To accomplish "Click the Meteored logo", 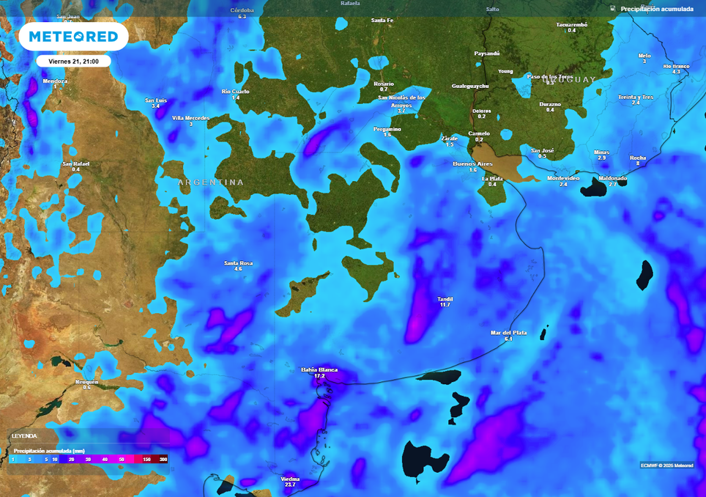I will coord(73,37).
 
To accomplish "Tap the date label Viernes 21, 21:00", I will coord(73,62).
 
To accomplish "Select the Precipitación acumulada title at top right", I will coord(657,9).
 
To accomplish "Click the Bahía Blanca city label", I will coord(319,369).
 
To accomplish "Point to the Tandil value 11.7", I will coord(445,304).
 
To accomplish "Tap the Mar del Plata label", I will coord(508,333).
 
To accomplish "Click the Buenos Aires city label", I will coord(473,163).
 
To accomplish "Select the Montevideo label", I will coord(563,178).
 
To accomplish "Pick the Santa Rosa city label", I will coord(238,262).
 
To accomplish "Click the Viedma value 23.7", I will coord(290,485).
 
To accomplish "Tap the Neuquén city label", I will coord(86,382).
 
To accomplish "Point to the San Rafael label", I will coord(76,163).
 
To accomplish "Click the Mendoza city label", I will coord(55,81).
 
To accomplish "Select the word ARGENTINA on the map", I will coord(211,182).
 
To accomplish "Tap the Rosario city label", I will coord(384,84).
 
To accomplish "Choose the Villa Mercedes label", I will coord(190,118).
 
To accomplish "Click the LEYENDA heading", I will coord(24,435).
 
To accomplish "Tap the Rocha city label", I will coord(638,158).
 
